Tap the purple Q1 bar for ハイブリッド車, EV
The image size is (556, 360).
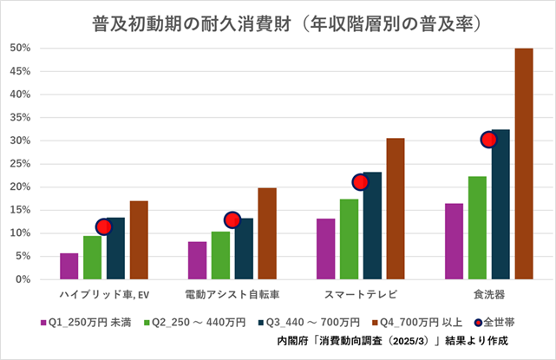click(69, 265)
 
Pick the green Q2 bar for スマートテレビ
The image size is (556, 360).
click(349, 239)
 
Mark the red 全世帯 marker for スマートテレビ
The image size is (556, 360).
click(360, 181)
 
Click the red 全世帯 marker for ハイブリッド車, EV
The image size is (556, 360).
click(103, 226)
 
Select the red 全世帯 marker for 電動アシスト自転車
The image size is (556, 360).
click(232, 219)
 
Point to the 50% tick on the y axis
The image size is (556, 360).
click(22, 48)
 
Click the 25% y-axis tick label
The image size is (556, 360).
click(22, 164)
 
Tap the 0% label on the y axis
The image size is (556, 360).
click(24, 279)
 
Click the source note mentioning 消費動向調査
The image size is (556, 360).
click(391, 340)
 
